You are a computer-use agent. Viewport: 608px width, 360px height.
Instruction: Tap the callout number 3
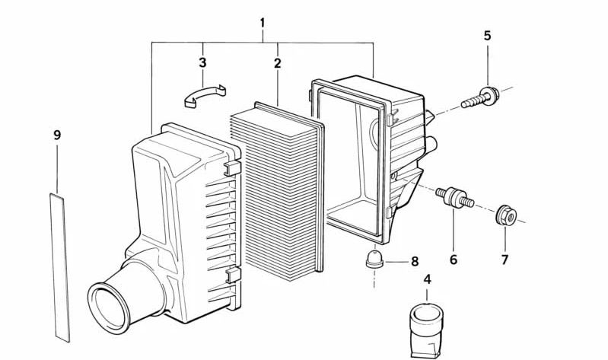click(202, 62)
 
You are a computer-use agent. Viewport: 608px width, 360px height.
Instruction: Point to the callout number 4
click(427, 279)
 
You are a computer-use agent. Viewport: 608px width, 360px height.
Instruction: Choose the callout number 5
click(487, 35)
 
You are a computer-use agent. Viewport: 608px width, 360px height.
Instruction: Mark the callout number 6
click(454, 260)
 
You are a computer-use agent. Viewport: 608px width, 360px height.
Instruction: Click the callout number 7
click(505, 260)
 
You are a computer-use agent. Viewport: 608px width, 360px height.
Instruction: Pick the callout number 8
click(415, 261)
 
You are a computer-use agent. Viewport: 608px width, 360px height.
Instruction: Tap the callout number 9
click(57, 135)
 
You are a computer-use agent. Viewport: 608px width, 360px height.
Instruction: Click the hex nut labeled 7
click(505, 216)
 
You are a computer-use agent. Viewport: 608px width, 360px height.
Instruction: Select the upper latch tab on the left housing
click(232, 167)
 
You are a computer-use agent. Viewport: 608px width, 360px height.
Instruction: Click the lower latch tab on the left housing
click(233, 275)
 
